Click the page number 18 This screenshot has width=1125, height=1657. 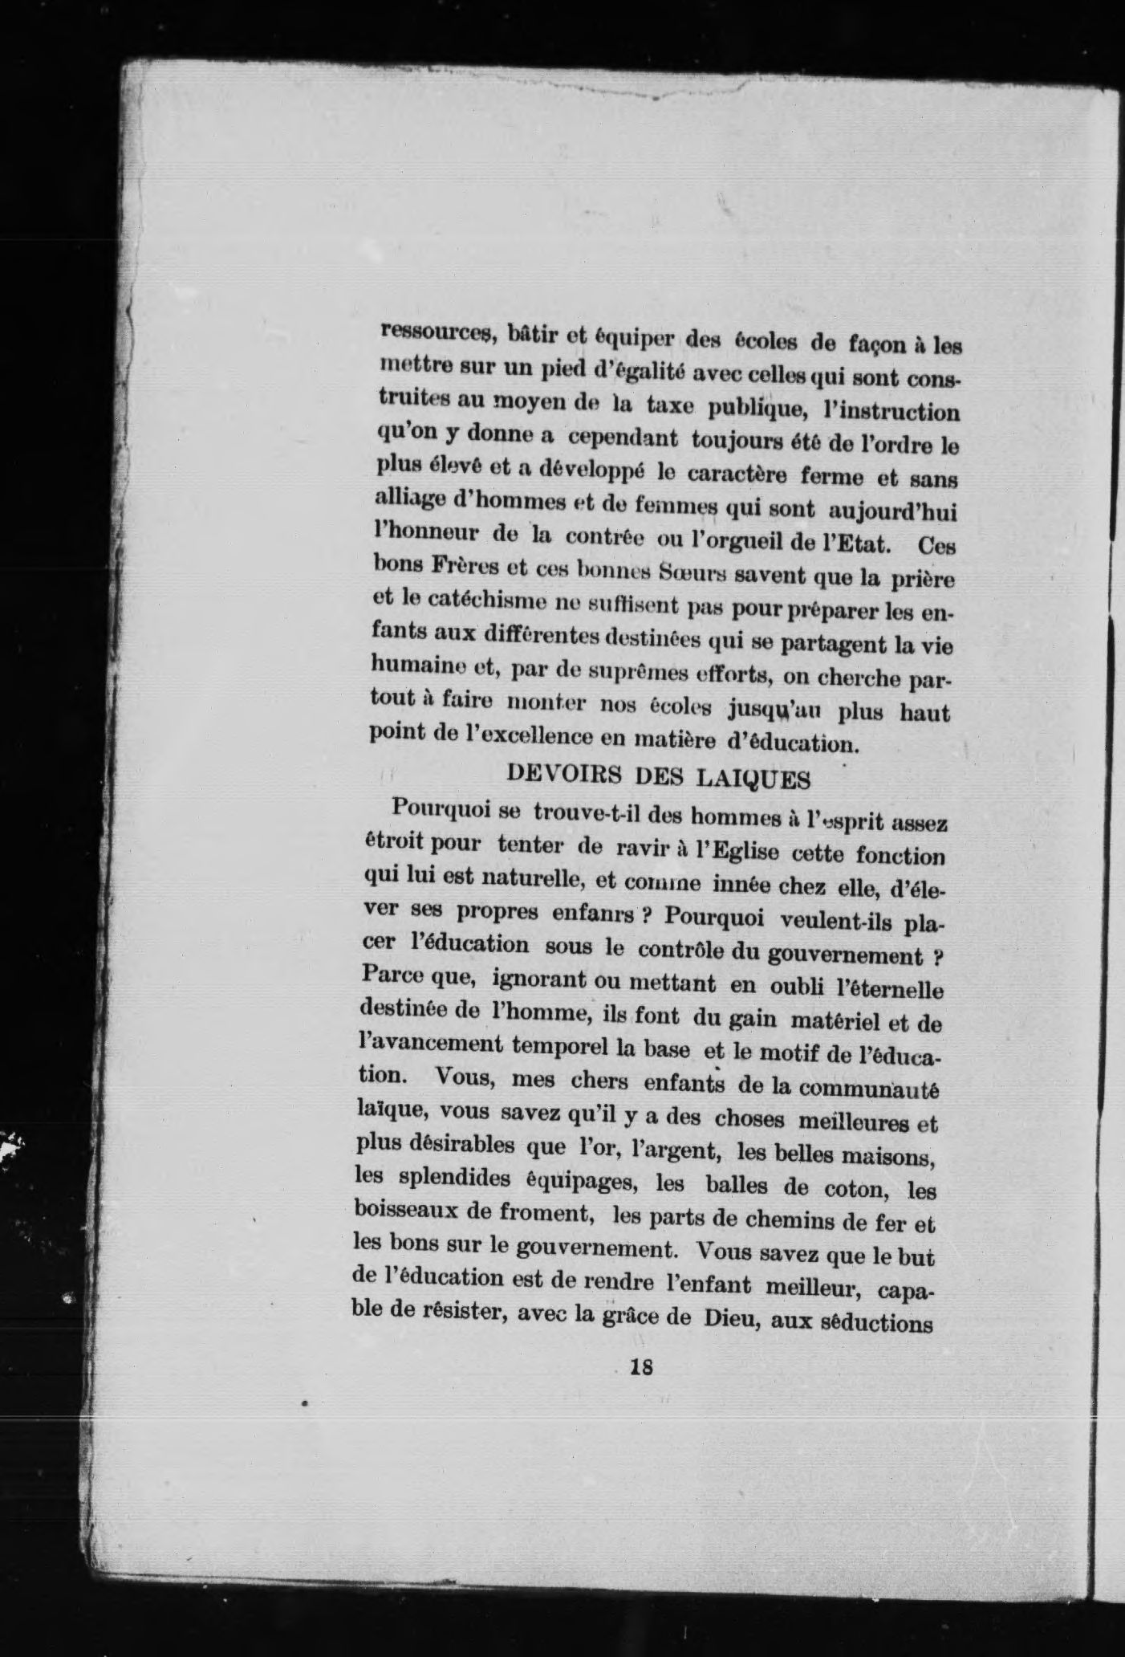pos(642,1366)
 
